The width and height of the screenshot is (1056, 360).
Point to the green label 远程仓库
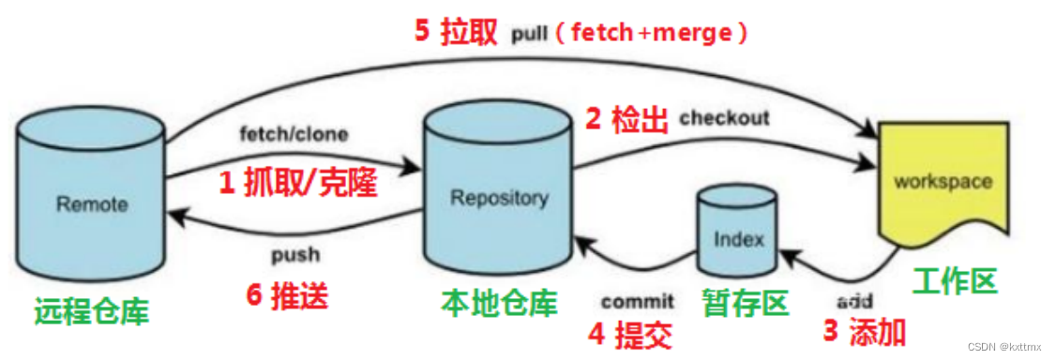point(91,309)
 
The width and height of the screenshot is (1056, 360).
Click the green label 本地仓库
point(499,303)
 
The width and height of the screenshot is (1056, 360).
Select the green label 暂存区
point(746,302)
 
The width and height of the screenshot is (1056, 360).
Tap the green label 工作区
point(954,280)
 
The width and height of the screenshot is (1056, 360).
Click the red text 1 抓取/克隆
point(297,182)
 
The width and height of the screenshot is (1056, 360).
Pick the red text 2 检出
point(626,120)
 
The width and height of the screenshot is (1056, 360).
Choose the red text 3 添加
point(864,332)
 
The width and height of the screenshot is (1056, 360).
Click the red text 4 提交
point(630,334)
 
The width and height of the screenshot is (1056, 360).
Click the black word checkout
point(724,118)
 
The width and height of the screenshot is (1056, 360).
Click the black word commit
point(637,301)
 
